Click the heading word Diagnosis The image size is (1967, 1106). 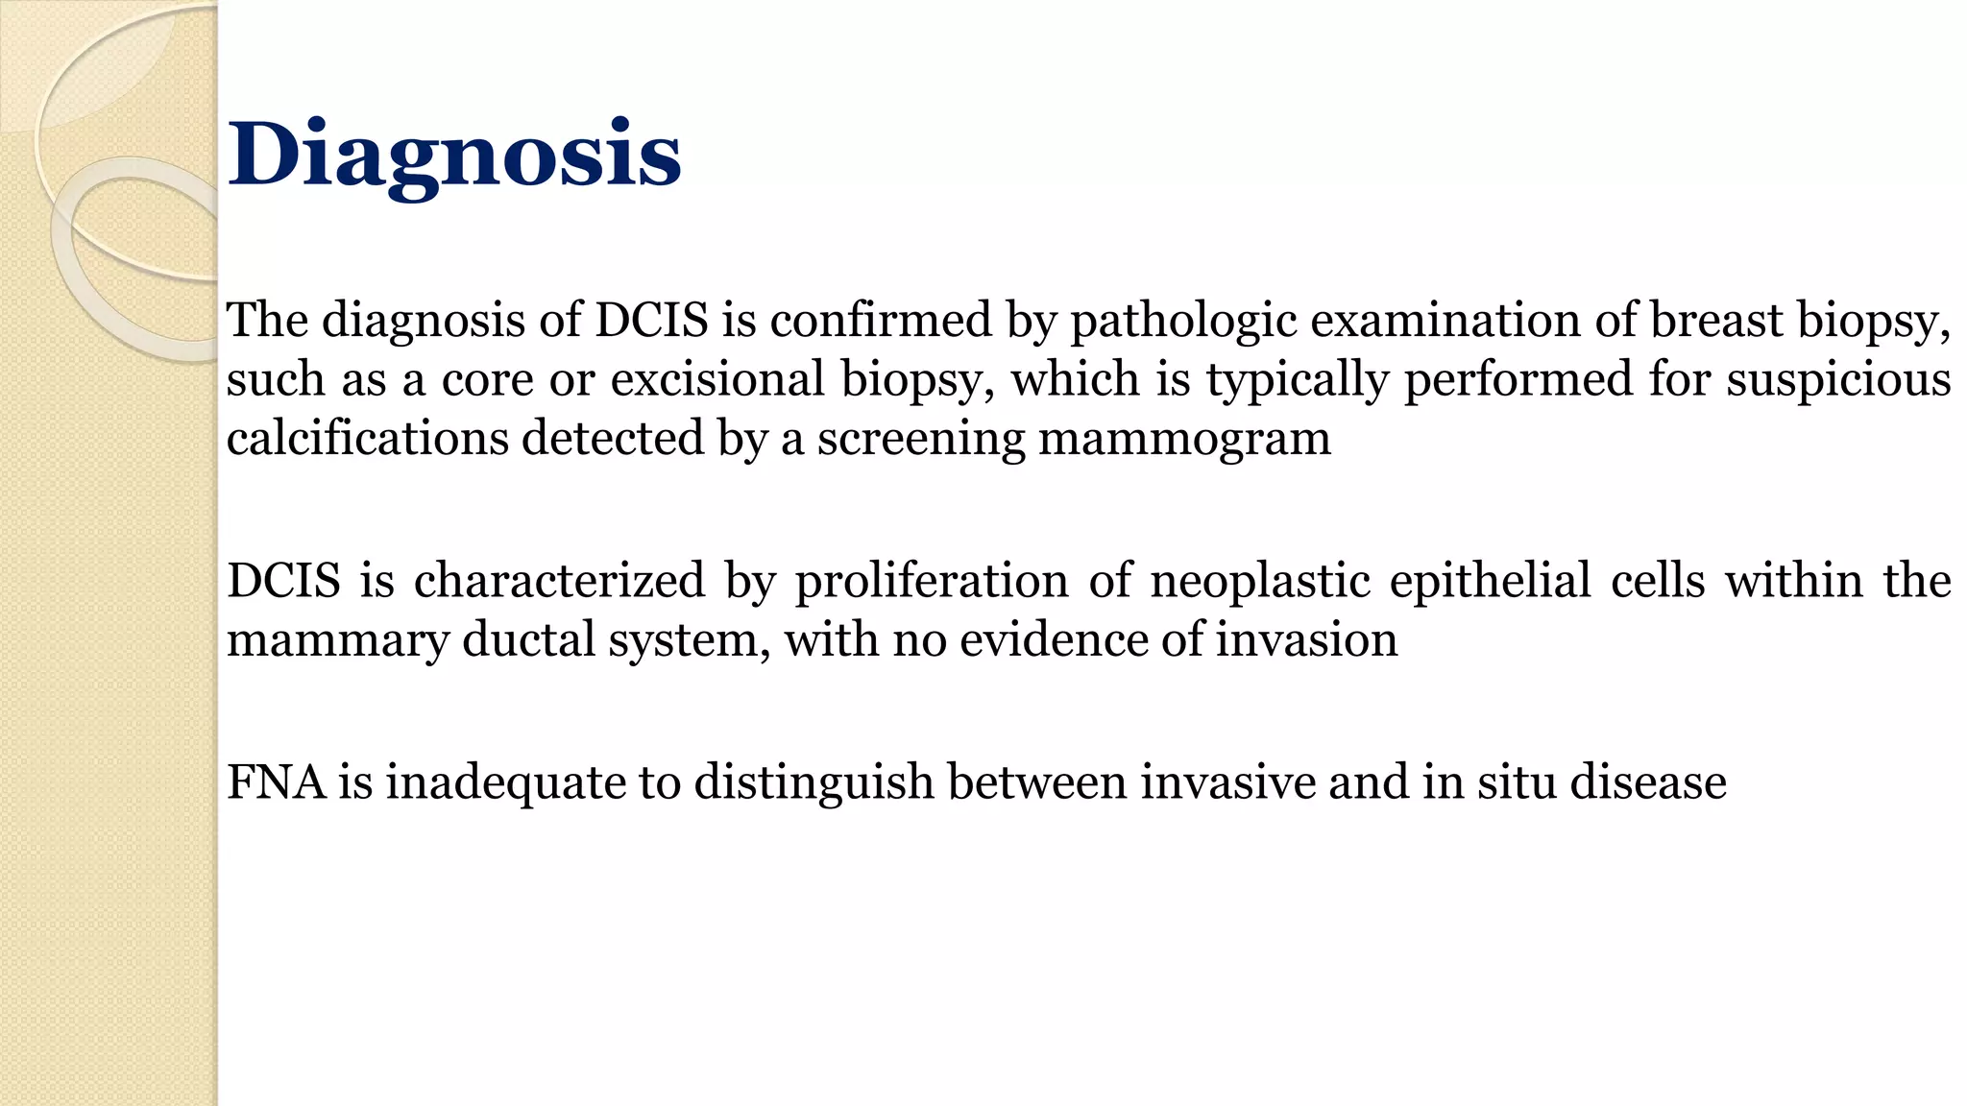454,156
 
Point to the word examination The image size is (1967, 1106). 1445,320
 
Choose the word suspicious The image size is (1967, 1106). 1838,380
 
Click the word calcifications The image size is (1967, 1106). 367,438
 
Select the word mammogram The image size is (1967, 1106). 1184,440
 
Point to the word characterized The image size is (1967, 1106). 559,581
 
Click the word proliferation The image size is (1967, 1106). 931,582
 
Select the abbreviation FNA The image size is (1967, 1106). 274,781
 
